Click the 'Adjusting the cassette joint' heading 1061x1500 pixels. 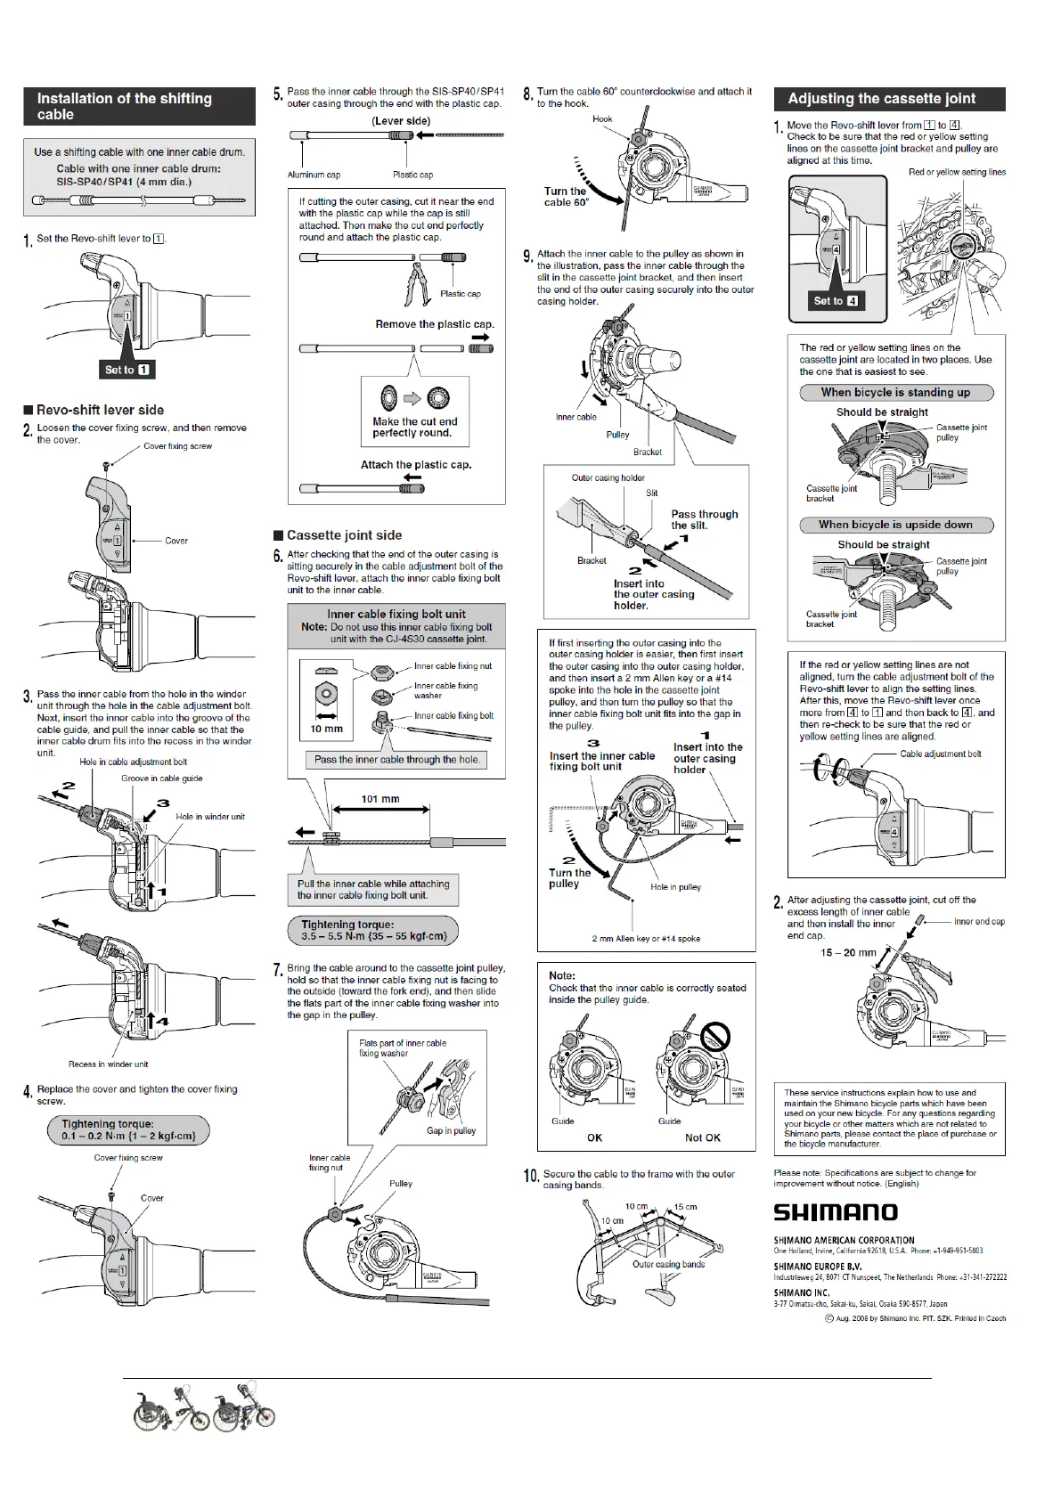[x=881, y=99]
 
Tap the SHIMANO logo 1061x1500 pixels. [x=835, y=1212]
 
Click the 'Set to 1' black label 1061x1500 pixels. [x=127, y=370]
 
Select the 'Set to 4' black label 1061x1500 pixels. [x=836, y=301]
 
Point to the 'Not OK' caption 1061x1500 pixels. [x=702, y=1137]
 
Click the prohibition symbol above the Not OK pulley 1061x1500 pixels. [x=716, y=1036]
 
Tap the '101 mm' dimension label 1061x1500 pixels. [x=380, y=799]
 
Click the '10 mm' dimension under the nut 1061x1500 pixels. [x=326, y=729]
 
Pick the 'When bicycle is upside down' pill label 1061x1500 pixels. [x=895, y=525]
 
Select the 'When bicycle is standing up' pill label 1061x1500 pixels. [x=895, y=392]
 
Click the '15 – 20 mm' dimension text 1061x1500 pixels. [x=847, y=952]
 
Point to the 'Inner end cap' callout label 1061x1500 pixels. [x=979, y=922]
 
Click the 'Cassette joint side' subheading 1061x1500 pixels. [x=344, y=535]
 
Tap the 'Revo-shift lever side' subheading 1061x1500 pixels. [x=100, y=410]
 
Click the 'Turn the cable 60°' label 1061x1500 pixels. [x=566, y=197]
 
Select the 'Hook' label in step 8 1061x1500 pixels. [x=602, y=118]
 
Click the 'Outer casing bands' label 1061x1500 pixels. [x=668, y=1264]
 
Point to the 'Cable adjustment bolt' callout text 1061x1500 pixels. [x=940, y=754]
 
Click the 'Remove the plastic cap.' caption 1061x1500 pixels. [x=434, y=324]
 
